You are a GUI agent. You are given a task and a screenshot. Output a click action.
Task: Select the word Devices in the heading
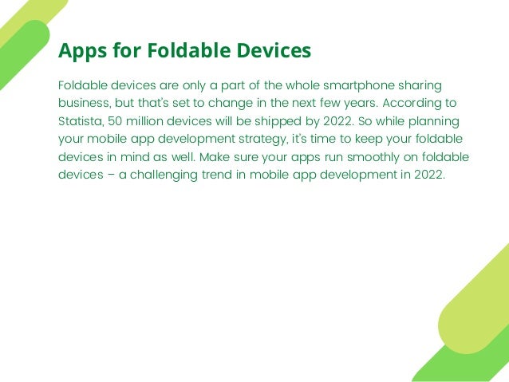pos(270,51)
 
